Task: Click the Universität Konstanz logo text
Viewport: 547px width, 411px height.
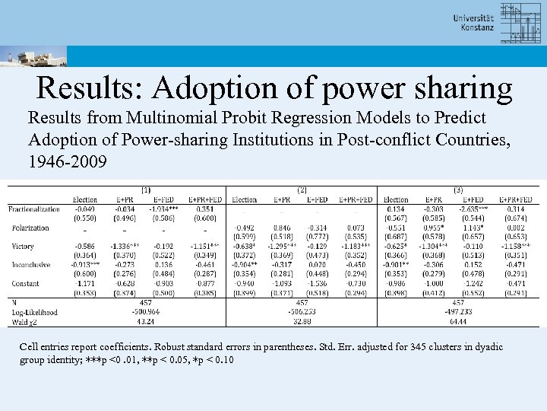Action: click(x=473, y=23)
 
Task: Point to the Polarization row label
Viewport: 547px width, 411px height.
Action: click(x=30, y=228)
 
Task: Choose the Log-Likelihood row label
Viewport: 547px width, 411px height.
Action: click(x=34, y=312)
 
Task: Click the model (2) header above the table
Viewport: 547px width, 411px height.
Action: click(x=302, y=190)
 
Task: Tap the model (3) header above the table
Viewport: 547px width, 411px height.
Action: click(x=458, y=190)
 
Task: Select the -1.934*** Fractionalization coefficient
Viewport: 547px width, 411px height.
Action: click(x=164, y=209)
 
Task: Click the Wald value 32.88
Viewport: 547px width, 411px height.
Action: click(x=302, y=321)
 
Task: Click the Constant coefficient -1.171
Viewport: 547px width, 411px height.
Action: click(x=85, y=283)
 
